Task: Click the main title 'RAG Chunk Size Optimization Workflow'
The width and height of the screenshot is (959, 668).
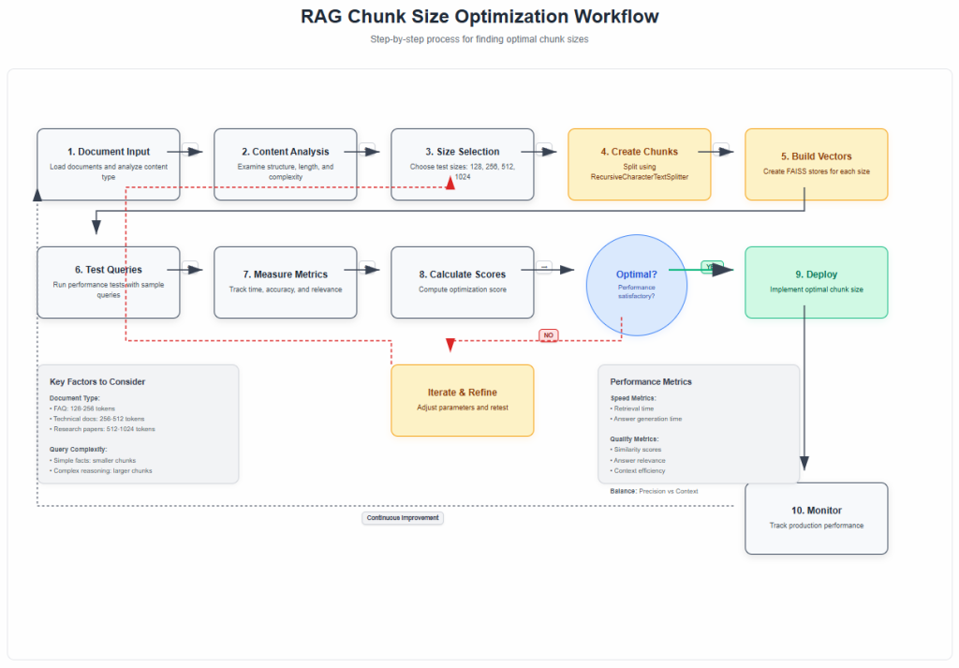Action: click(479, 17)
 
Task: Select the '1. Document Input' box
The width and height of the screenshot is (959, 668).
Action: click(109, 164)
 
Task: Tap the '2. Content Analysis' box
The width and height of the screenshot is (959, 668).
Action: click(285, 164)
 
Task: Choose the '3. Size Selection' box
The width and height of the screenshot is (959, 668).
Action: click(462, 164)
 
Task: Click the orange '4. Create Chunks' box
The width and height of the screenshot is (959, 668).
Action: click(639, 164)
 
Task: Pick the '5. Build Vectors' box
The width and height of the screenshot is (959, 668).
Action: click(816, 164)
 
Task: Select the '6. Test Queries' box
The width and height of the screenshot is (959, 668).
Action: click(109, 282)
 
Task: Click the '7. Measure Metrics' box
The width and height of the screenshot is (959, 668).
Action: click(285, 282)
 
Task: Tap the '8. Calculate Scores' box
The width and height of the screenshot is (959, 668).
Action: click(462, 282)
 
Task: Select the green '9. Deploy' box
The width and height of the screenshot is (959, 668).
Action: click(816, 282)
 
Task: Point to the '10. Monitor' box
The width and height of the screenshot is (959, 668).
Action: click(816, 517)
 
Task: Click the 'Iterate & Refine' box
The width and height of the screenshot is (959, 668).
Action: click(462, 400)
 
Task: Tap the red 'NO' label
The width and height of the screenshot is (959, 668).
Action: click(549, 334)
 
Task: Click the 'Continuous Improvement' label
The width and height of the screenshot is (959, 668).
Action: click(403, 517)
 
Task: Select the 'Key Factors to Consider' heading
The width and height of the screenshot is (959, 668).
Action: click(97, 381)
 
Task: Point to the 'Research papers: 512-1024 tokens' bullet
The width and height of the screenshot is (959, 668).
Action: click(103, 429)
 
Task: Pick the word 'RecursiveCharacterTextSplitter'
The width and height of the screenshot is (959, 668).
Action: click(639, 176)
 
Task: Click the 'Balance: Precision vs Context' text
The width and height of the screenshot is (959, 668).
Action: click(654, 490)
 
